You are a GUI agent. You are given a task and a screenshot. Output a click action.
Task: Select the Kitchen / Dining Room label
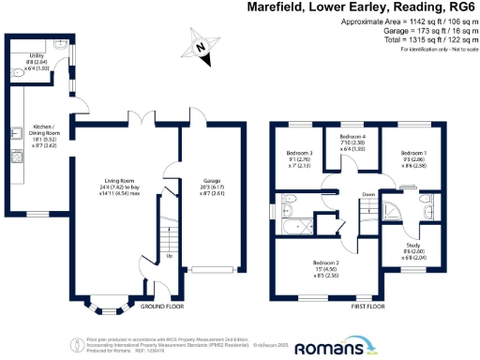[45, 137]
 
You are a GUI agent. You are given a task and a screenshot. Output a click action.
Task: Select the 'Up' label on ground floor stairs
[169, 255]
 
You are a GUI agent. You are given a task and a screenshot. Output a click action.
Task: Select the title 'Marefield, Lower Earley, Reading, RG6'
[361, 7]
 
